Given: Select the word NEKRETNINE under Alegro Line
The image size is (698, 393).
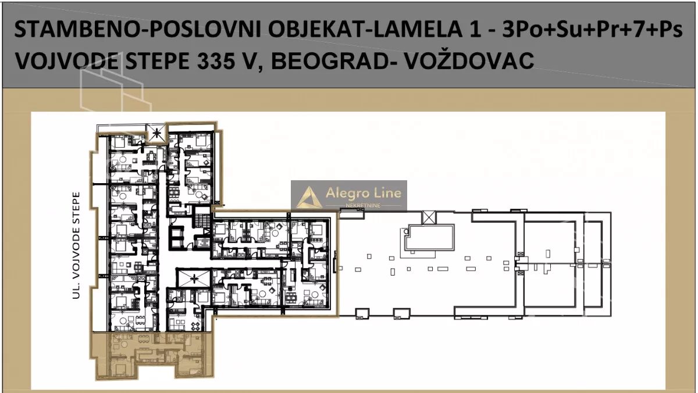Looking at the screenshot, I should pos(365,206).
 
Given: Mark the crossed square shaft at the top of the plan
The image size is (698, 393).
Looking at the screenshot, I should pos(155,134).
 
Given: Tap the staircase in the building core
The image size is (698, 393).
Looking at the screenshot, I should pos(201,221).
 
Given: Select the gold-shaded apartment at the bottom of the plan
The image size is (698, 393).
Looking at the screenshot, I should pos(148,355).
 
